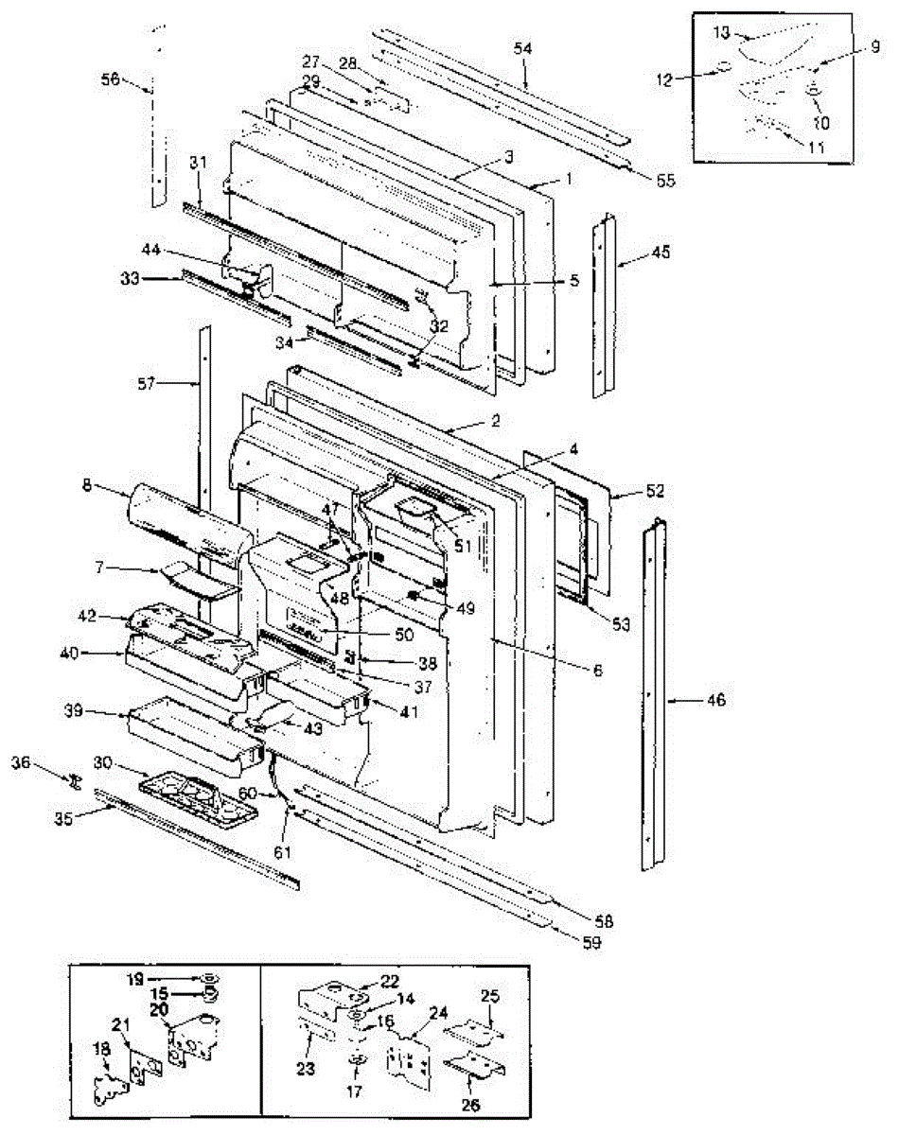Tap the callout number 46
[716, 700]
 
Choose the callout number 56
[111, 80]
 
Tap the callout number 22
[390, 981]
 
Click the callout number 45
[660, 253]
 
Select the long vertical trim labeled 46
[650, 700]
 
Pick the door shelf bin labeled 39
[189, 733]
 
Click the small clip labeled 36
[73, 781]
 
